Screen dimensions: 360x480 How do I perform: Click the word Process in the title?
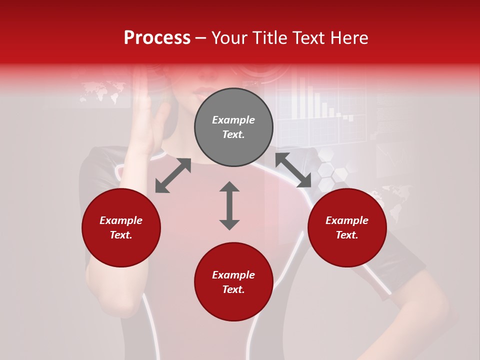(x=157, y=38)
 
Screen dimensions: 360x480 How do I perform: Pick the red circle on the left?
(x=121, y=227)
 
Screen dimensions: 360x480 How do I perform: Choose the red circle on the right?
(x=347, y=227)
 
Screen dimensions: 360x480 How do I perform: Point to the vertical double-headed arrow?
(x=229, y=205)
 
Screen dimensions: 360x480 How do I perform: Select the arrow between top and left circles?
(x=173, y=175)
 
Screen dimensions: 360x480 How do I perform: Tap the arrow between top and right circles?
(x=293, y=170)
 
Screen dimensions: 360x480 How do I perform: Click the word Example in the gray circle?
(x=233, y=120)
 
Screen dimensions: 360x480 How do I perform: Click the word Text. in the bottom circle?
(x=233, y=289)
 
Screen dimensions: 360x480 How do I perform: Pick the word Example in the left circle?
(x=121, y=220)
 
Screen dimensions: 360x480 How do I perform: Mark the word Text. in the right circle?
(x=347, y=235)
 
